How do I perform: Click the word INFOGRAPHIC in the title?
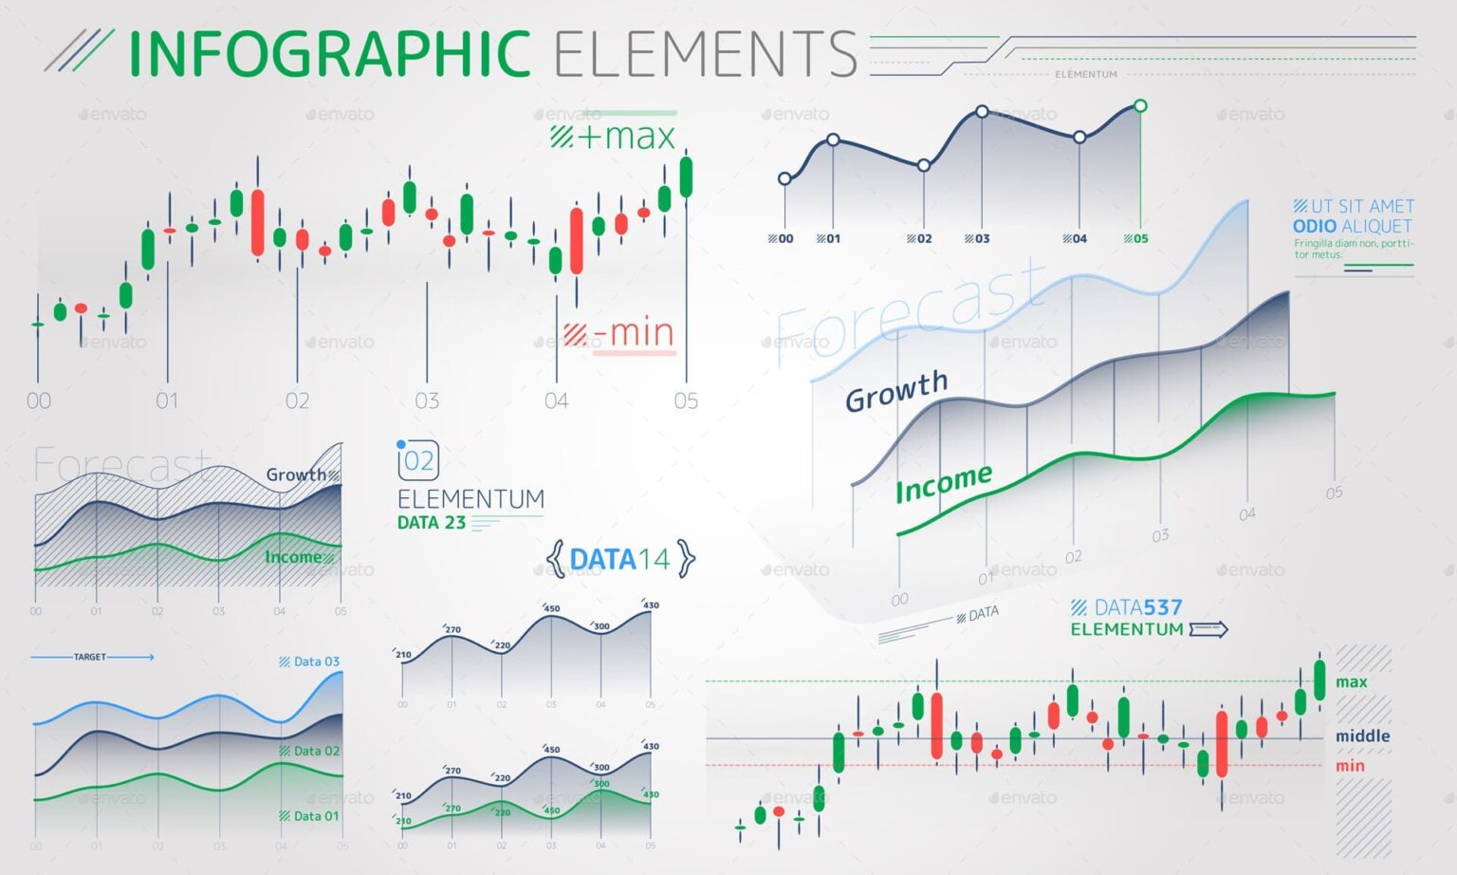pos(329,54)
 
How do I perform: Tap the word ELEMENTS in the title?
pos(705,54)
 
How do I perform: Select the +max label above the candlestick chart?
pos(614,137)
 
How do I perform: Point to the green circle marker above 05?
pos(1140,105)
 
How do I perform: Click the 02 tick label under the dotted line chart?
pos(919,239)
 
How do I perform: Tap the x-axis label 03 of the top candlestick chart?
pos(427,401)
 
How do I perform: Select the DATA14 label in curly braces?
pos(620,559)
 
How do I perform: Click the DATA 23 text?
pos(432,523)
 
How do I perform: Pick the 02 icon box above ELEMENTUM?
pos(418,461)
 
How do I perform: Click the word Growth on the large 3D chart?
pos(896,390)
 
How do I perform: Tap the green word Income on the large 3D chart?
pos(944,483)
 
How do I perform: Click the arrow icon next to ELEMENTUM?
pos(1208,629)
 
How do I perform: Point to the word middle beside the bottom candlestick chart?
pos(1362,736)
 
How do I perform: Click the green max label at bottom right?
pos(1351,682)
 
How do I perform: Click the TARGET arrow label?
pos(91,657)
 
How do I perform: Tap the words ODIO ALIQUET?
pos(1352,227)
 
